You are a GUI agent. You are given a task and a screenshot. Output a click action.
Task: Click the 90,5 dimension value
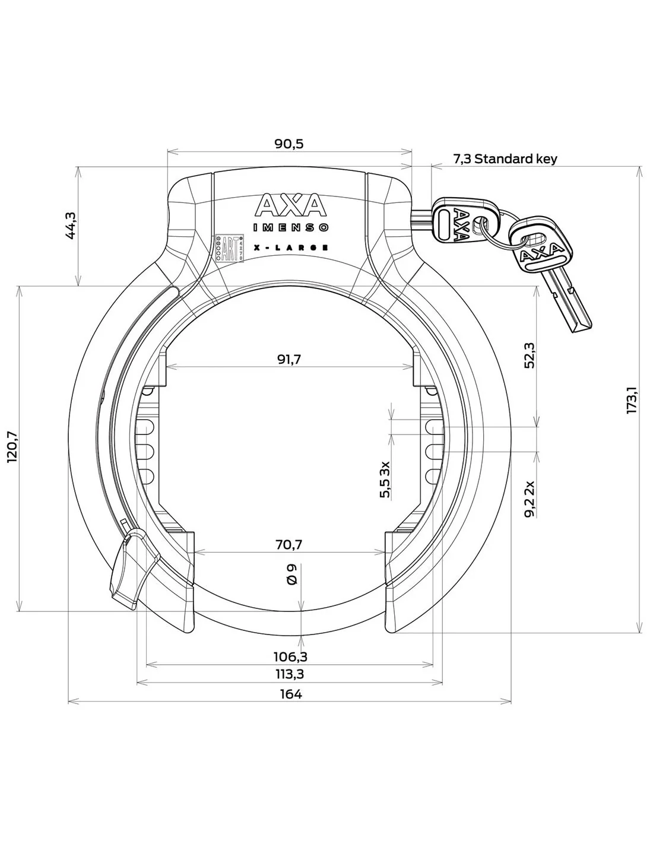(290, 144)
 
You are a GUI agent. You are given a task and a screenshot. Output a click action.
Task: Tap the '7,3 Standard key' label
(505, 158)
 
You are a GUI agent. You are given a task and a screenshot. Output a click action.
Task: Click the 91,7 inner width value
(290, 359)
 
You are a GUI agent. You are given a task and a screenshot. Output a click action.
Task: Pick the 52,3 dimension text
(530, 356)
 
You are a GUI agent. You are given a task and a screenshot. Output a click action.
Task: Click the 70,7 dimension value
(290, 544)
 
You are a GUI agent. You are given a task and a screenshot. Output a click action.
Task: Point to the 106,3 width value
(290, 656)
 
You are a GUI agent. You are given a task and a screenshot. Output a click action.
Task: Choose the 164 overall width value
(290, 694)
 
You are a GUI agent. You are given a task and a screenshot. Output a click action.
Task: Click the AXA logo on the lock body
(291, 205)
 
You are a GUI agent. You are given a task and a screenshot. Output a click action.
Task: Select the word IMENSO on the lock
(291, 227)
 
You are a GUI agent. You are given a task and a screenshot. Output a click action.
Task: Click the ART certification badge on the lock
(229, 248)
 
